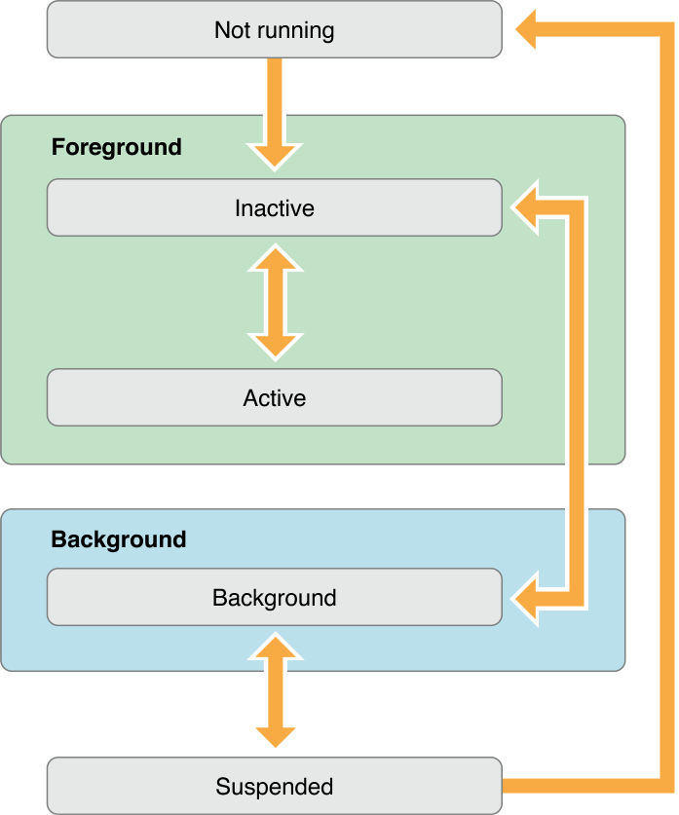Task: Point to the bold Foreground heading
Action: point(116,147)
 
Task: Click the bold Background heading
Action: point(118,539)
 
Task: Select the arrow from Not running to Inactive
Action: point(275,107)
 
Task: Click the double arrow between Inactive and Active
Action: point(275,302)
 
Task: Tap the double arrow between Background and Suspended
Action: point(275,690)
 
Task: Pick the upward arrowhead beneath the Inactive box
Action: point(275,260)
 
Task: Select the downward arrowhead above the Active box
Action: point(275,344)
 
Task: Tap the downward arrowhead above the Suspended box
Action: point(275,733)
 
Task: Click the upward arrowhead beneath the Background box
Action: point(275,648)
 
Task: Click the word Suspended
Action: point(275,787)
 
